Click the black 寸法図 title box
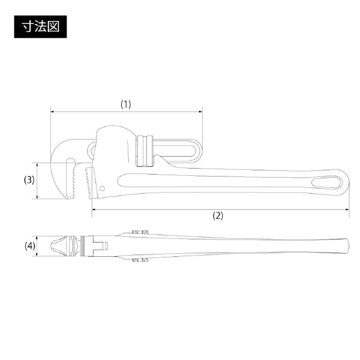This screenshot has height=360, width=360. tap(40, 26)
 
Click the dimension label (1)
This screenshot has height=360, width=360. tap(126, 104)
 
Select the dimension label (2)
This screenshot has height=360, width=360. tap(218, 215)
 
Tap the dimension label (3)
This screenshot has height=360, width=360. tap(29, 180)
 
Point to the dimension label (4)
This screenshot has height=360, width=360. tap(30, 246)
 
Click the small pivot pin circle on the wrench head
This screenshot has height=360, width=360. tap(103, 188)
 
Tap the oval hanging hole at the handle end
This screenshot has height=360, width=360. tap(327, 182)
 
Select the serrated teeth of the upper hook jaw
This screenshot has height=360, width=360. tap(74, 181)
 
